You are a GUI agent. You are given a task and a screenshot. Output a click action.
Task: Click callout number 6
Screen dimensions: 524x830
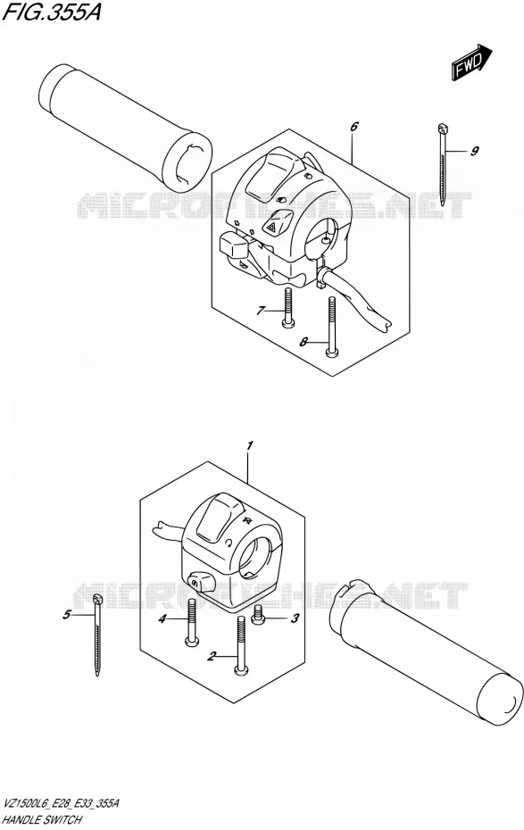tap(354, 126)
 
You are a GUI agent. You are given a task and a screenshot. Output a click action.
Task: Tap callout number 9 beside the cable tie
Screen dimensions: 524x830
tap(474, 151)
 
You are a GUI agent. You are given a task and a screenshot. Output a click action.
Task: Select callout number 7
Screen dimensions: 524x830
tap(260, 311)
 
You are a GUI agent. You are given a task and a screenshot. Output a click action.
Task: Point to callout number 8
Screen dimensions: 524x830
tap(304, 342)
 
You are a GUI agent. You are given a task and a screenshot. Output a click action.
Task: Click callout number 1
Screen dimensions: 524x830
tap(250, 445)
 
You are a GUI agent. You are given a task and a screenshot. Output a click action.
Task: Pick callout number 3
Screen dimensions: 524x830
tap(295, 618)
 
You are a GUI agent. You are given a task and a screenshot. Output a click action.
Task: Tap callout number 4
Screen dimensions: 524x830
tap(163, 618)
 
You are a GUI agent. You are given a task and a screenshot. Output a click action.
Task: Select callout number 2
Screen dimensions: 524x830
tap(212, 657)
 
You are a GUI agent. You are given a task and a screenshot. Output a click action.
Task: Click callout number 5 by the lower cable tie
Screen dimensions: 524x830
tap(66, 615)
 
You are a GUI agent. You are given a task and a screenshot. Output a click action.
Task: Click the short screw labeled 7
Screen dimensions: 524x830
tap(287, 308)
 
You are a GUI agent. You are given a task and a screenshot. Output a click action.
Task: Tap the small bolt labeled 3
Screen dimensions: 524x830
tap(258, 614)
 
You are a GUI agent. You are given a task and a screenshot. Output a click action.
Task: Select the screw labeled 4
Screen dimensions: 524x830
tap(192, 621)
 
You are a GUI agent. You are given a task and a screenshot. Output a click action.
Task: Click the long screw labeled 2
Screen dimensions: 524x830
tap(241, 646)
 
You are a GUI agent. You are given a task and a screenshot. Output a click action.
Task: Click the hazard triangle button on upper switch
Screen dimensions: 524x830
tap(279, 222)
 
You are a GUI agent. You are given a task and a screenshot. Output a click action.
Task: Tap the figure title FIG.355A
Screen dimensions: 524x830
tap(52, 12)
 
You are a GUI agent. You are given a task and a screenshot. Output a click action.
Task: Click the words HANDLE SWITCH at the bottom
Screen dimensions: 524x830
tap(42, 819)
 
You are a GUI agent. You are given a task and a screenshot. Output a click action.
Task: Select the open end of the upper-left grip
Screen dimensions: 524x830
tap(187, 162)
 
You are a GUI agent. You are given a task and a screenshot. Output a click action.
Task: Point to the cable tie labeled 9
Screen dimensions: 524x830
tap(442, 164)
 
